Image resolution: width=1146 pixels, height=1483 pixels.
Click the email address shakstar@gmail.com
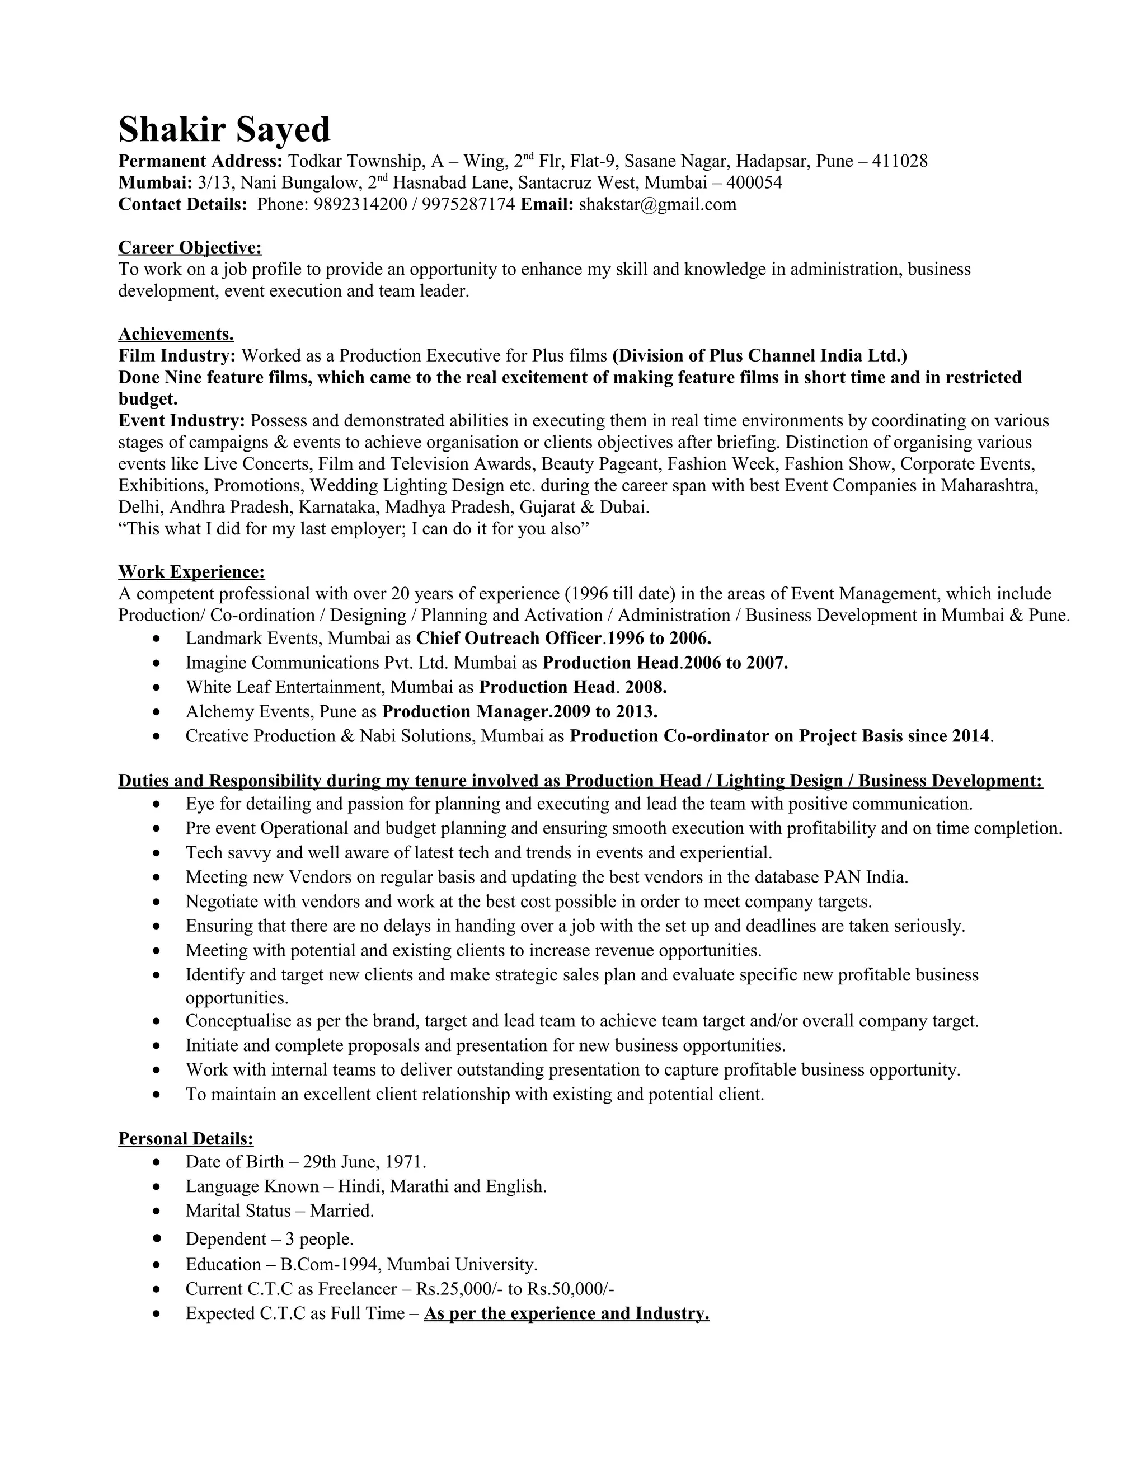(x=657, y=204)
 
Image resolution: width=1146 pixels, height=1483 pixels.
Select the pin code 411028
(x=900, y=161)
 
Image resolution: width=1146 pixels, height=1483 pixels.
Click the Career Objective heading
(x=190, y=247)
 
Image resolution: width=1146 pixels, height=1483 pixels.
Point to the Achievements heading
(x=176, y=334)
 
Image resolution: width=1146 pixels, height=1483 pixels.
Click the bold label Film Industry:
(x=177, y=356)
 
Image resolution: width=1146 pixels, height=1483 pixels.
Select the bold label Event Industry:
(x=181, y=421)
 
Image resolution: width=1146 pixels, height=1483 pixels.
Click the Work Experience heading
(x=191, y=572)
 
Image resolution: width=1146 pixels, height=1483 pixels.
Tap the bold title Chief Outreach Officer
(x=509, y=639)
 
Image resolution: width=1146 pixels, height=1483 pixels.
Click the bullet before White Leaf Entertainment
(x=157, y=688)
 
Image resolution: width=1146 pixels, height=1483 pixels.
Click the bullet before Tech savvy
(x=157, y=853)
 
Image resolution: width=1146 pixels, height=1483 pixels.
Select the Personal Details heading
(x=185, y=1139)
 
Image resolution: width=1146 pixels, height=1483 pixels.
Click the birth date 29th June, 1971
(x=364, y=1162)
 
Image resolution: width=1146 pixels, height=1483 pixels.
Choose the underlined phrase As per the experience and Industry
(x=566, y=1313)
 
